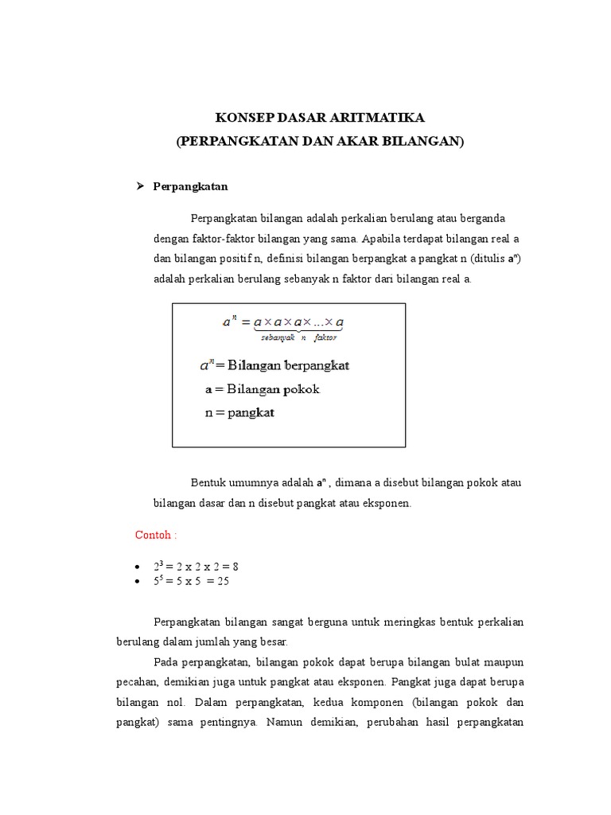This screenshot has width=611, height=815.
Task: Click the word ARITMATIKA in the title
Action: pyautogui.click(x=378, y=118)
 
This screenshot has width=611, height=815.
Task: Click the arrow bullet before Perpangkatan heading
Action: pyautogui.click(x=141, y=186)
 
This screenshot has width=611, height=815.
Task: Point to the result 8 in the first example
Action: pyautogui.click(x=235, y=567)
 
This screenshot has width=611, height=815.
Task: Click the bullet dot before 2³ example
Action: pyautogui.click(x=138, y=567)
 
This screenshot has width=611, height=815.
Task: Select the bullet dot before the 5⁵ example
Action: pyautogui.click(x=138, y=582)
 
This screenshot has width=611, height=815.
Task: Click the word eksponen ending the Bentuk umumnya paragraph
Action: pyautogui.click(x=386, y=503)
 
